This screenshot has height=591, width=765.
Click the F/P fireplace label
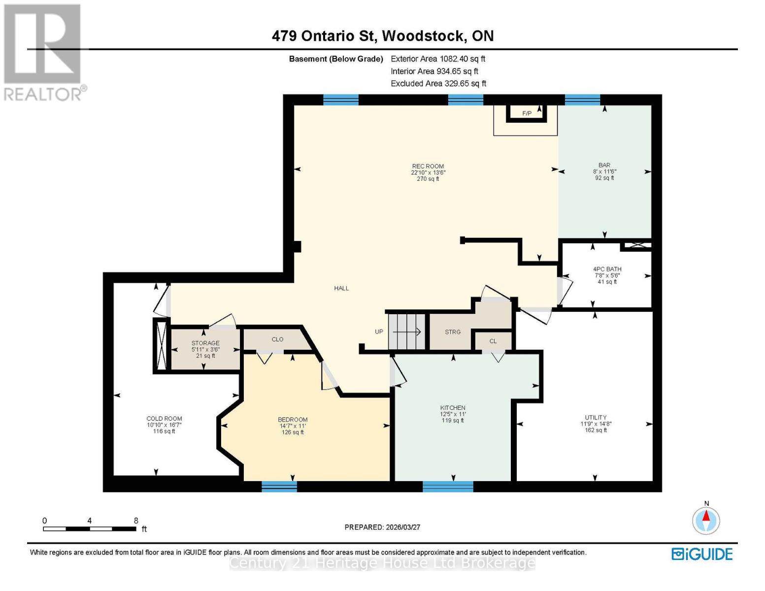pyautogui.click(x=527, y=113)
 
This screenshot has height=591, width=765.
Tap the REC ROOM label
pyautogui.click(x=428, y=166)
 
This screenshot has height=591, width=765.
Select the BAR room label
pyautogui.click(x=604, y=165)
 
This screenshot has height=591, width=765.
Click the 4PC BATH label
pyautogui.click(x=607, y=269)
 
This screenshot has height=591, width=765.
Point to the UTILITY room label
pyautogui.click(x=596, y=418)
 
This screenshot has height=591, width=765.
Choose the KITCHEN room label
pyautogui.click(x=453, y=408)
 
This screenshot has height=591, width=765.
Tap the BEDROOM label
pyautogui.click(x=293, y=420)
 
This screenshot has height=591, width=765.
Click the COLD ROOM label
pyautogui.click(x=164, y=419)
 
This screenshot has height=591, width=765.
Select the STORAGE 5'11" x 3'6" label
pyautogui.click(x=205, y=343)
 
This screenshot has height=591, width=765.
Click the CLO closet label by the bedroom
pyautogui.click(x=277, y=339)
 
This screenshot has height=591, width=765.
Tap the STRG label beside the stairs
pyautogui.click(x=453, y=332)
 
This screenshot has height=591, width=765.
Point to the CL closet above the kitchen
pyautogui.click(x=493, y=341)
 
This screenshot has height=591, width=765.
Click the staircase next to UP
pyautogui.click(x=407, y=331)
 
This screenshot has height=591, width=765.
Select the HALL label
pyautogui.click(x=341, y=288)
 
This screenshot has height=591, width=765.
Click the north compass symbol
pyautogui.click(x=706, y=520)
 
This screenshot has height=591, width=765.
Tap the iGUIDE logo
pyautogui.click(x=702, y=554)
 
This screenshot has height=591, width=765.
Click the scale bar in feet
pyautogui.click(x=90, y=529)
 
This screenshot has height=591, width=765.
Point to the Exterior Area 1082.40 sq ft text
pyautogui.click(x=438, y=59)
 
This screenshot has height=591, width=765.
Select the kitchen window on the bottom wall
pyautogui.click(x=448, y=487)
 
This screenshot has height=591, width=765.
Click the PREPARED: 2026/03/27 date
pyautogui.click(x=382, y=527)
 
